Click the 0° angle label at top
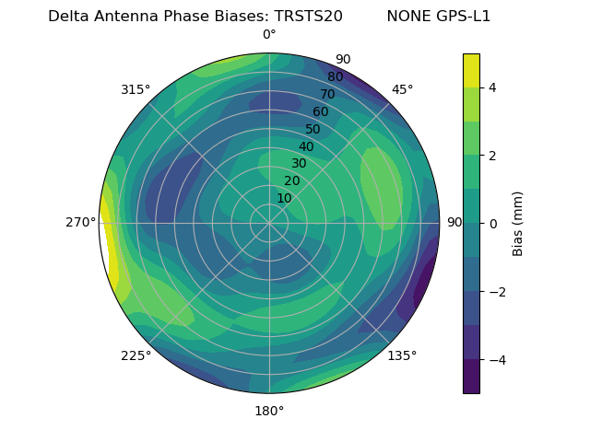pyautogui.click(x=269, y=35)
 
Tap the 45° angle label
pyautogui.click(x=402, y=89)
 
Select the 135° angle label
pyautogui.click(x=402, y=355)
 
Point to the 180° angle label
pyautogui.click(x=269, y=411)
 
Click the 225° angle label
pyautogui.click(x=136, y=355)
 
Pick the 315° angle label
pyautogui.click(x=136, y=89)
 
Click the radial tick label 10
pyautogui.click(x=284, y=198)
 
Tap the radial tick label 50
pyautogui.click(x=313, y=129)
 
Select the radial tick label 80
pyautogui.click(x=335, y=77)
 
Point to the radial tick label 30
pyautogui.click(x=299, y=164)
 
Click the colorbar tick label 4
pyautogui.click(x=492, y=87)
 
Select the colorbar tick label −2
pyautogui.click(x=496, y=292)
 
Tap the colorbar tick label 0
pyautogui.click(x=492, y=224)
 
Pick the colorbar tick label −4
pyautogui.click(x=496, y=360)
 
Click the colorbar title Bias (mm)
pyautogui.click(x=518, y=224)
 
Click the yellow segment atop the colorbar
pyautogui.click(x=471, y=70)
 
